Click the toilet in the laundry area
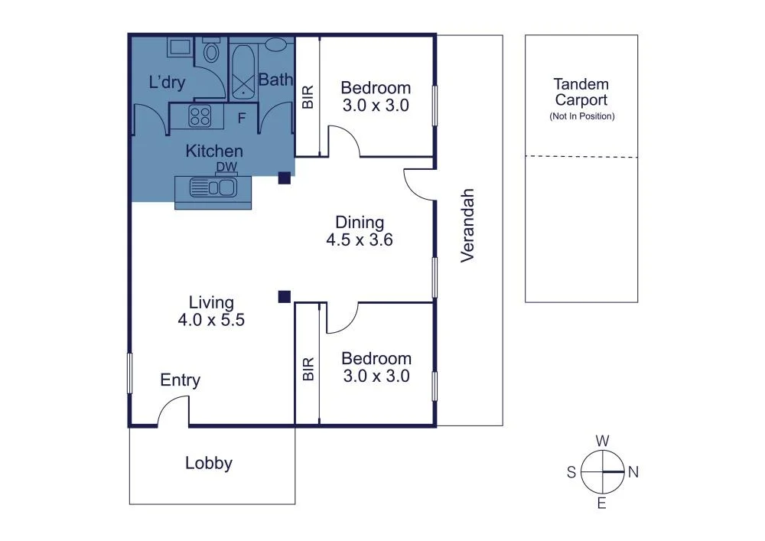[212, 51]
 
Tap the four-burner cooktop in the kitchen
[200, 116]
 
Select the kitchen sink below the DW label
[214, 187]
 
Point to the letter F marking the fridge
[242, 119]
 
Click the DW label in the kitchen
[226, 168]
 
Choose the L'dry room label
[168, 83]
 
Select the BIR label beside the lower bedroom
[308, 369]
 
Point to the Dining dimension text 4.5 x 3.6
[360, 240]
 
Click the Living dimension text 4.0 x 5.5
[211, 321]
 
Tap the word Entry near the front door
[180, 380]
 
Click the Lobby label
[209, 463]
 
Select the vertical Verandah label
[467, 226]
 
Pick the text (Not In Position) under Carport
[581, 116]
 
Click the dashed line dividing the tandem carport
[581, 157]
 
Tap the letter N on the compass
[633, 472]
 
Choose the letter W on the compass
[603, 441]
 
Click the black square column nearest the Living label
[284, 296]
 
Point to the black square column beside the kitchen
[284, 178]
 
